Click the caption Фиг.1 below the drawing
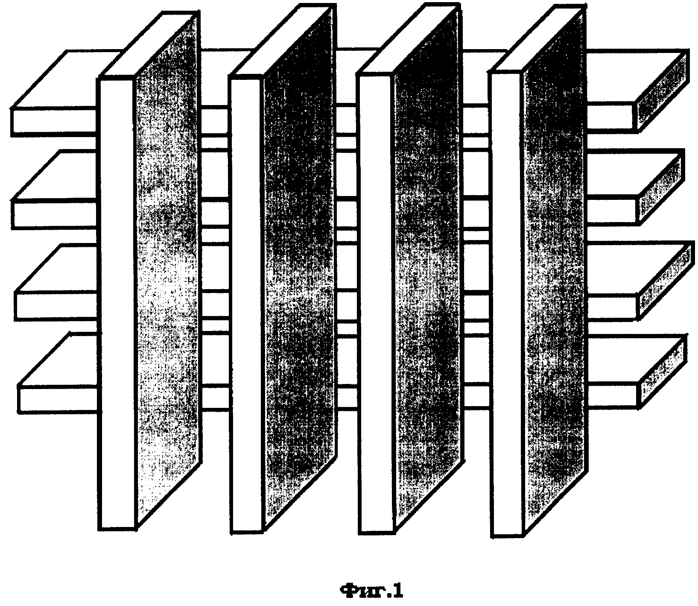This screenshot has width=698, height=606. tap(371, 591)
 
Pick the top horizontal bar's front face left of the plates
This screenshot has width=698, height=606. tap(55, 120)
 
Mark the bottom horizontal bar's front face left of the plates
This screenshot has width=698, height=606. tap(59, 398)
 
